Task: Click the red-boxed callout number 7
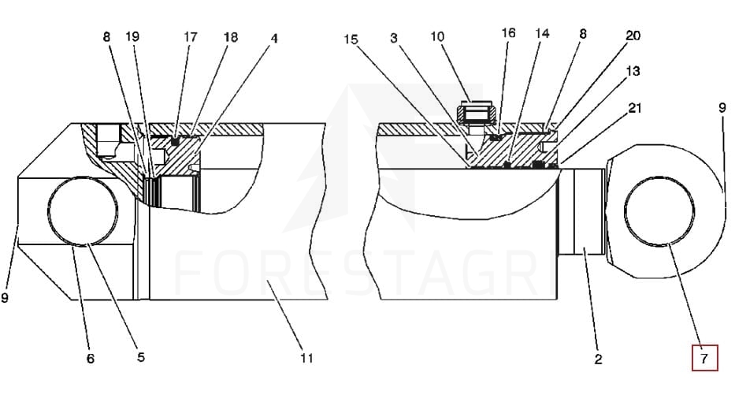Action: (705, 359)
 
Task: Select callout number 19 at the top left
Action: (132, 36)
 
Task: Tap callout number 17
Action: (191, 36)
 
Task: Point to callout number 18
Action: (231, 37)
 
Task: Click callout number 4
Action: (273, 38)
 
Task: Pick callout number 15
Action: (351, 39)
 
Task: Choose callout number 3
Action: (393, 37)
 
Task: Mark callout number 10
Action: (437, 36)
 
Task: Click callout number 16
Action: (508, 32)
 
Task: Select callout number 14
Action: (542, 33)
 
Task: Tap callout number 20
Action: (633, 35)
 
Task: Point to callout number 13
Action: (633, 71)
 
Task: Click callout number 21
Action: (634, 107)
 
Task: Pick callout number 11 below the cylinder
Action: (306, 359)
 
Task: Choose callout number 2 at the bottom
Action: (598, 360)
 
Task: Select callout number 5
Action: (140, 357)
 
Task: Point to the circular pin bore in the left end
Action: (83, 211)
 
